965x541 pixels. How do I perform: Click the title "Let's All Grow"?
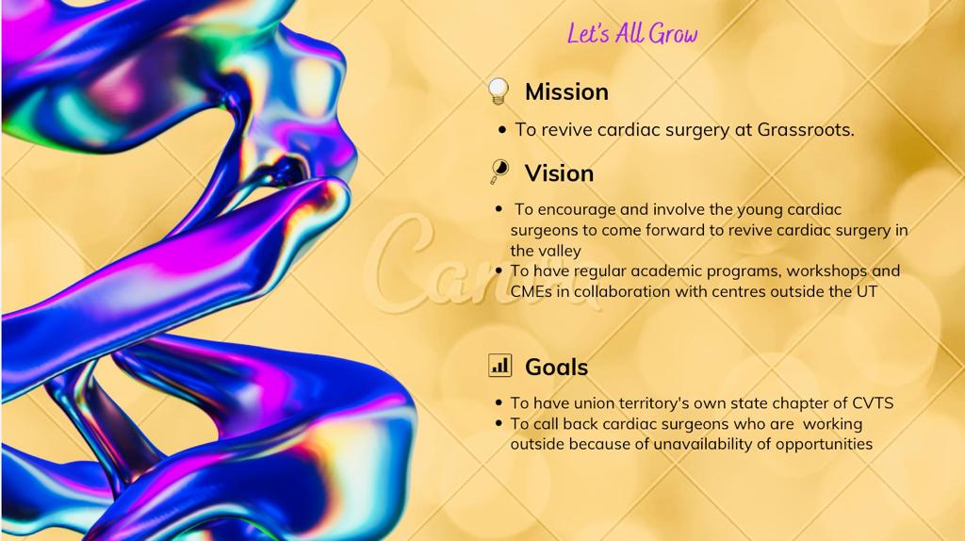pyautogui.click(x=632, y=35)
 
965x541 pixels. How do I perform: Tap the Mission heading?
pyautogui.click(x=566, y=91)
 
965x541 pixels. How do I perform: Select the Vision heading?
pyautogui.click(x=559, y=173)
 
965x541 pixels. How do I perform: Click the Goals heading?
pyautogui.click(x=556, y=367)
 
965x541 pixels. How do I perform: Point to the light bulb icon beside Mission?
pyautogui.click(x=499, y=91)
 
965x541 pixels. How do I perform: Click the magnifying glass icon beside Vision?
pyautogui.click(x=499, y=172)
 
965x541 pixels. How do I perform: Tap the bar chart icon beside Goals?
pyautogui.click(x=499, y=365)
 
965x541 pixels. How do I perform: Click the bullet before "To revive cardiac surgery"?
pyautogui.click(x=504, y=130)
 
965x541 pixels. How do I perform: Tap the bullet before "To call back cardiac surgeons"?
pyautogui.click(x=499, y=424)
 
